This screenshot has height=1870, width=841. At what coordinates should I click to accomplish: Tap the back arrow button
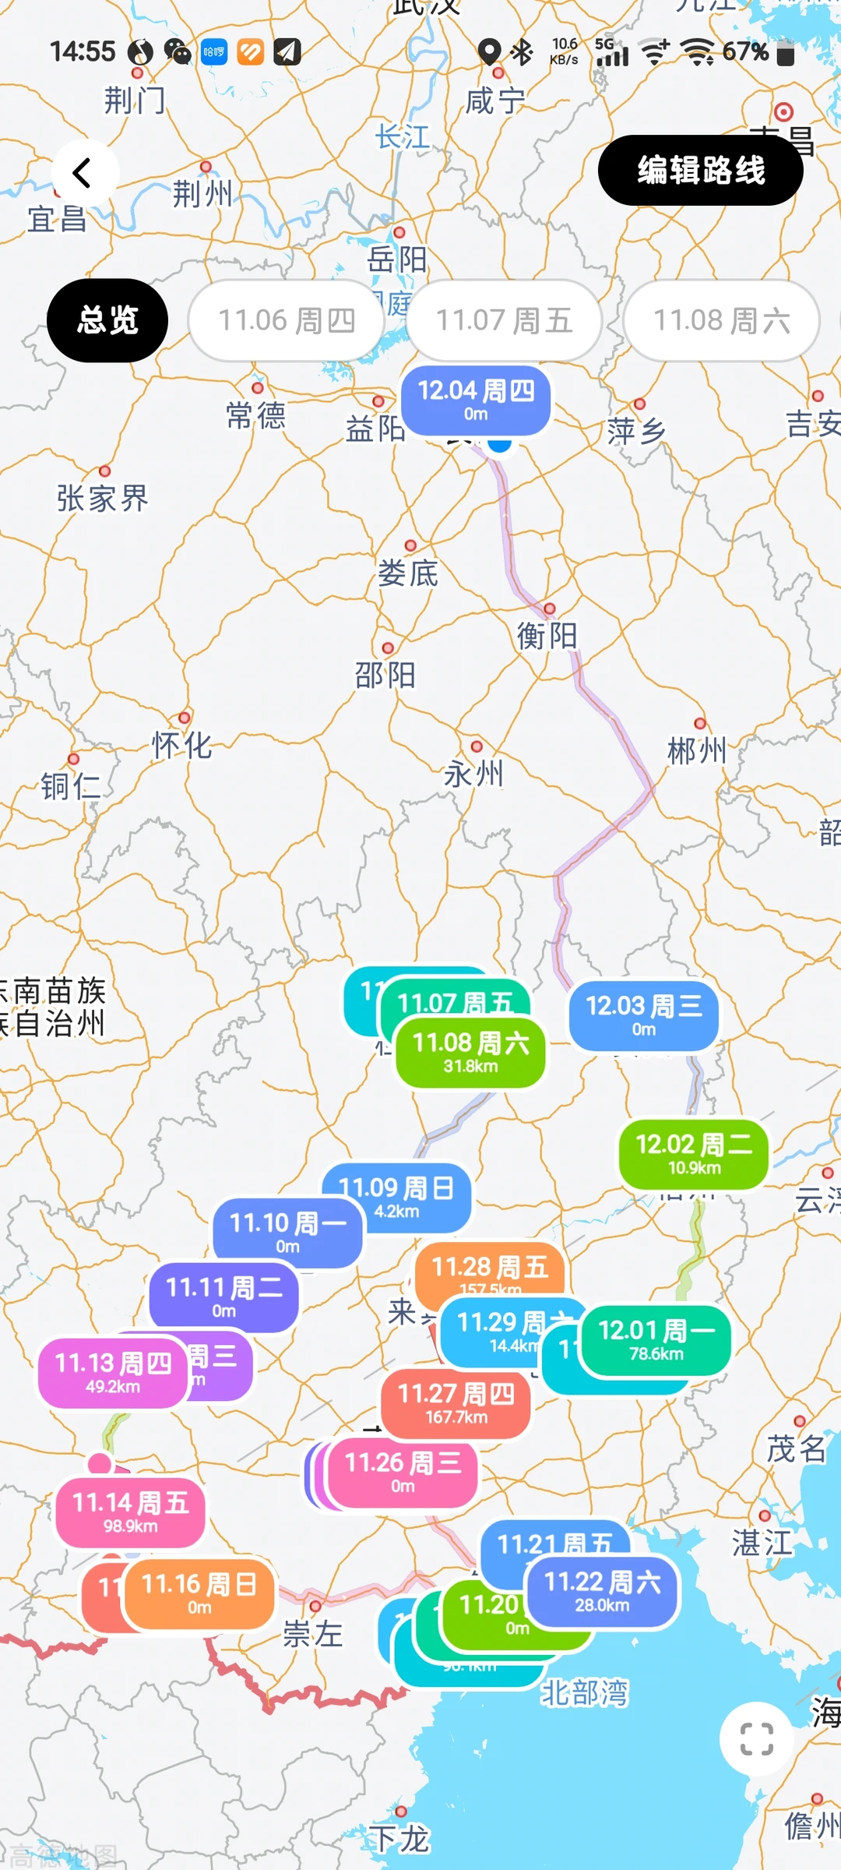[84, 173]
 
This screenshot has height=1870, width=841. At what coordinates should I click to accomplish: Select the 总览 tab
[107, 320]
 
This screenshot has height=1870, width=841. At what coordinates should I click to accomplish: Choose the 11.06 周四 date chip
[286, 320]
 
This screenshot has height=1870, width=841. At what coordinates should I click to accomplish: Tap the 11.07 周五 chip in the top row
[504, 320]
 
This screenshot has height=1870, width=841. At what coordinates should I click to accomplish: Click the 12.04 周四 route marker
[476, 400]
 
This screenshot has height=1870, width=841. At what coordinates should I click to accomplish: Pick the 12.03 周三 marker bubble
[643, 1015]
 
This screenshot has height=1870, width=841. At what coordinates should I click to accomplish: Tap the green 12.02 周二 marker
[693, 1154]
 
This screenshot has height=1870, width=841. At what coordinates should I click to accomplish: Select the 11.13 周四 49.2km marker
[112, 1372]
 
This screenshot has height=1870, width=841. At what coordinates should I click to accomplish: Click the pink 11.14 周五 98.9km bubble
[130, 1512]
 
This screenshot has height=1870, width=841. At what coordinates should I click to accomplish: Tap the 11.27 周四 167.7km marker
[456, 1402]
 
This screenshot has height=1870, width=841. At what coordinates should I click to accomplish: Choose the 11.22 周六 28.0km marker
[602, 1590]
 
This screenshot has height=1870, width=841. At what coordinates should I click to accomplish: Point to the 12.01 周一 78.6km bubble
[656, 1339]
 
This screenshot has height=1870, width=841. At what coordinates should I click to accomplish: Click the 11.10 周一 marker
[287, 1232]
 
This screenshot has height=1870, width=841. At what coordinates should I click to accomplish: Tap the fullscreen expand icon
[756, 1738]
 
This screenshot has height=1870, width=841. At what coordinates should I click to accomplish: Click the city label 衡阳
[547, 636]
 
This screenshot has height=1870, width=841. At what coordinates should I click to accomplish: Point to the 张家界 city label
[102, 499]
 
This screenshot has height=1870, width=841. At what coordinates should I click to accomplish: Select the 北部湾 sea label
[584, 1692]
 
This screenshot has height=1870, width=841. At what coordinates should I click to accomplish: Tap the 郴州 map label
[697, 751]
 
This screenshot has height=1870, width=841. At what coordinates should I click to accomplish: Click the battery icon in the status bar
[786, 52]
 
